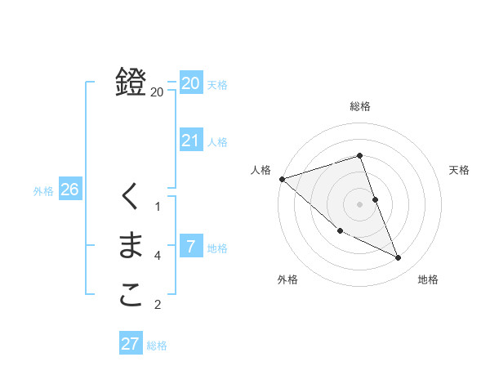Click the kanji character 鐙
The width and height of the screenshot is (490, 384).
click(x=131, y=82)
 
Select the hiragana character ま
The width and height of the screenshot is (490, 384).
click(x=131, y=246)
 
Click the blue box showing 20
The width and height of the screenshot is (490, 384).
click(x=190, y=83)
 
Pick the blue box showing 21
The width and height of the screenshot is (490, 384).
click(x=190, y=141)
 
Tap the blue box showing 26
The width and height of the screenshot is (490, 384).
click(x=69, y=190)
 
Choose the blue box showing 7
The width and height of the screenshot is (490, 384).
click(x=190, y=246)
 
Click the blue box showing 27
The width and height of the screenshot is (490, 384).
click(x=131, y=344)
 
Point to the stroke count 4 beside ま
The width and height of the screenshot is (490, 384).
click(x=158, y=256)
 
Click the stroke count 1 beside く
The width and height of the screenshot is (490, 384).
click(x=158, y=207)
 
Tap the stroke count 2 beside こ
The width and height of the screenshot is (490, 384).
click(x=158, y=306)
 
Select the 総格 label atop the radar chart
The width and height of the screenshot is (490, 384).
click(x=360, y=106)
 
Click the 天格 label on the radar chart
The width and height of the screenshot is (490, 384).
click(x=460, y=170)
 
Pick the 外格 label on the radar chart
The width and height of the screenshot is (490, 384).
click(x=287, y=279)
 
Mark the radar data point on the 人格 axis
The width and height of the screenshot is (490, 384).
click(x=282, y=179)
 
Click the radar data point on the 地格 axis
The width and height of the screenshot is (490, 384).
click(x=399, y=258)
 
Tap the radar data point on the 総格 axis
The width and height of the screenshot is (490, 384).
click(x=360, y=155)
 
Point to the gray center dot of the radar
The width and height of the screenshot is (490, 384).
click(x=360, y=204)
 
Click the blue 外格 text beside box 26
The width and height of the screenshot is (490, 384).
click(x=43, y=191)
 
